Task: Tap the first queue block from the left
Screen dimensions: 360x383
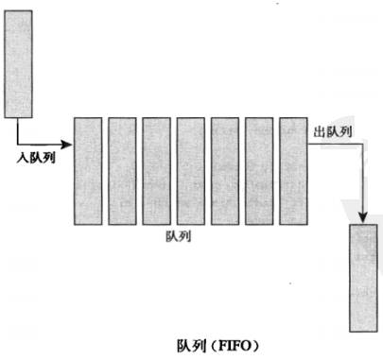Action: [88, 170]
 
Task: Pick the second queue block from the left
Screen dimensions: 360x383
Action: [123, 170]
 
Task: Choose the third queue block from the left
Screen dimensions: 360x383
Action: [157, 170]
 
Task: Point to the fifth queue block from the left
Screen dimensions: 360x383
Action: [225, 170]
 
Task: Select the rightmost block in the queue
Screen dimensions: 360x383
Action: [294, 170]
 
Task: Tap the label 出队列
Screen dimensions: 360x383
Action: [333, 132]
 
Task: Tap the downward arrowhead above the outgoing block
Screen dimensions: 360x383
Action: [362, 218]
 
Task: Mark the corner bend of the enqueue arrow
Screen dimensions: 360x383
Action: [19, 144]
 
